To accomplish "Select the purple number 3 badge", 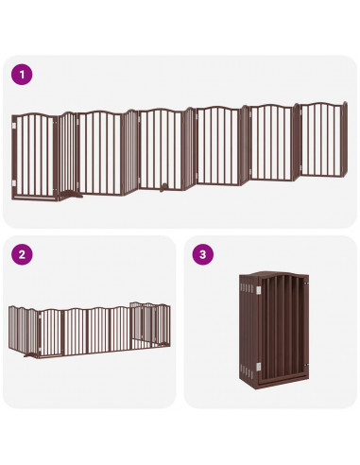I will point(201,254).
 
